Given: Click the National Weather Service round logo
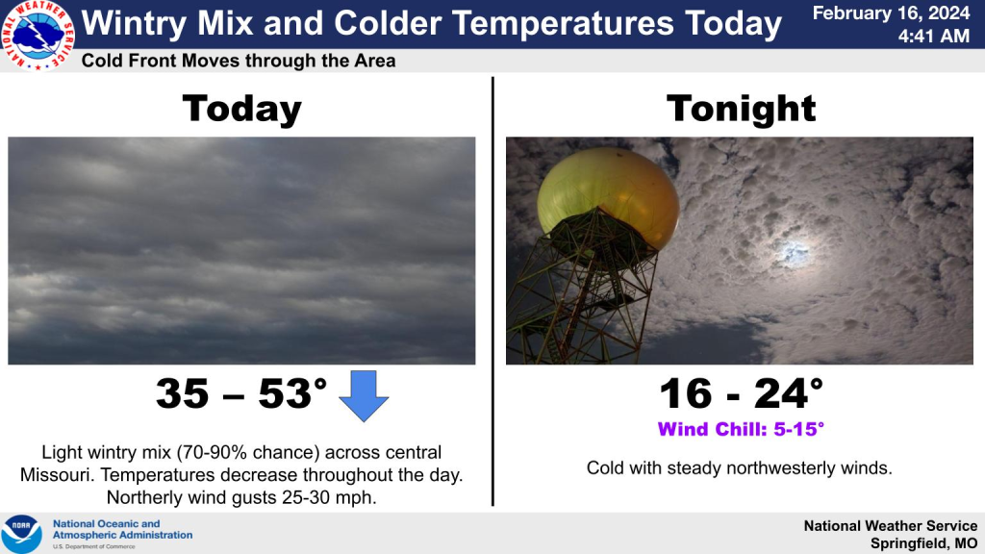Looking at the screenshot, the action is [x=38, y=35].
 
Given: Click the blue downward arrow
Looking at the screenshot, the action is [x=364, y=395].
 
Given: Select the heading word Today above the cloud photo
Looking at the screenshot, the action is [x=241, y=110].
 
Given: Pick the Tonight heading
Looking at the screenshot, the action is [x=741, y=108].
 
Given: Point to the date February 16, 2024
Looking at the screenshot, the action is [x=891, y=13].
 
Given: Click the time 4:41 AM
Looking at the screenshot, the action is [x=933, y=37].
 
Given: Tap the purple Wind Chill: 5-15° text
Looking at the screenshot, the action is [x=741, y=429].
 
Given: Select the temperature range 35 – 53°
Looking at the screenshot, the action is [x=241, y=393].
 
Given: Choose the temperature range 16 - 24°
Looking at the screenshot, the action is [x=742, y=393].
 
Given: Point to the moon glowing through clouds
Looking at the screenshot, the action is [x=790, y=253].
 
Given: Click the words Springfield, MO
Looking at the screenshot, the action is [x=923, y=543].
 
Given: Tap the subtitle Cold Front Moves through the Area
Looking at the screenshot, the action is [x=239, y=61].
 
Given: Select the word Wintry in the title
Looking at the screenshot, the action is [x=135, y=24].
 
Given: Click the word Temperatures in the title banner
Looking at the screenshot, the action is [x=562, y=24].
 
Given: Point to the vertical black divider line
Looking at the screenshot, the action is [x=492, y=291].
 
